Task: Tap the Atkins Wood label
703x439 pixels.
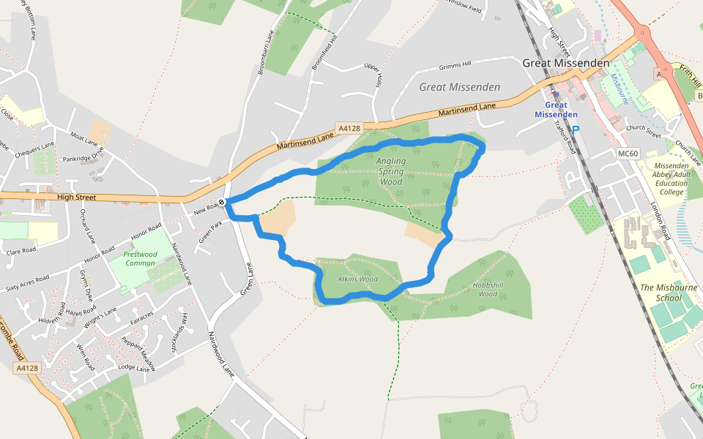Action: tap(357, 279)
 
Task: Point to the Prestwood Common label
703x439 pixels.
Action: tap(140, 258)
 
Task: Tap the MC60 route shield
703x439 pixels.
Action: tap(628, 154)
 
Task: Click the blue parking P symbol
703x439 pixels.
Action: tap(575, 130)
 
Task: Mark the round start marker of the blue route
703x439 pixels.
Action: tap(222, 202)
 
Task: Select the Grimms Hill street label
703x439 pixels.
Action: tap(455, 66)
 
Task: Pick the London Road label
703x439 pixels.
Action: tap(661, 222)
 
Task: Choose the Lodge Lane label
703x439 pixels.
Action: tap(133, 368)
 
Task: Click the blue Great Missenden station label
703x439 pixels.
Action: tap(556, 110)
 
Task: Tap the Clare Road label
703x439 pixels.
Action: tap(21, 250)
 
